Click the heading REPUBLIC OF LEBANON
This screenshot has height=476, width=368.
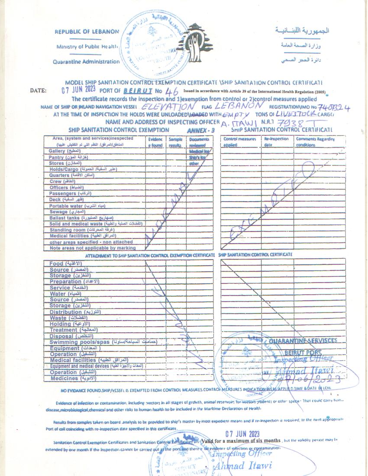(87, 32)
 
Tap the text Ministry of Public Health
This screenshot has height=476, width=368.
(87, 46)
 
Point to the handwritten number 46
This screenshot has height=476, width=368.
(171, 92)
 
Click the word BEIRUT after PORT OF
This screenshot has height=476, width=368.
(138, 91)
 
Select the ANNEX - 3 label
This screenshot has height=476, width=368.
(201, 130)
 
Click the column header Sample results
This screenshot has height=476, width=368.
(176, 142)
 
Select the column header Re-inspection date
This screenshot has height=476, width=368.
(277, 142)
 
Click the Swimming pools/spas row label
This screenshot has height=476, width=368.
(80, 342)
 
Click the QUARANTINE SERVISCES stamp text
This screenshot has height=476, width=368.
(303, 341)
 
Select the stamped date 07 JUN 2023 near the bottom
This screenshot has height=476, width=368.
(242, 434)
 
